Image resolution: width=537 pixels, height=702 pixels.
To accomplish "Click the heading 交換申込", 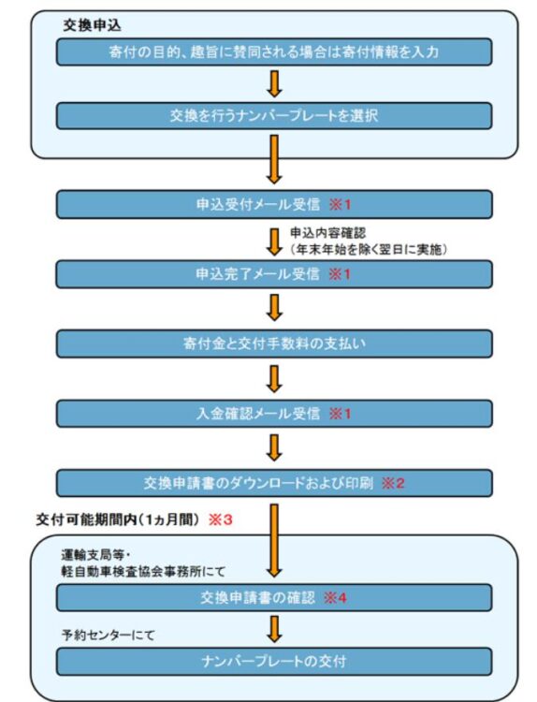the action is tap(92, 25).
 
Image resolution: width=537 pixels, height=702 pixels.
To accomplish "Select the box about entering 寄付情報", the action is tap(274, 51).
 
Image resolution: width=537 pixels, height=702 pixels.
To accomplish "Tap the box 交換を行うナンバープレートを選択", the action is tap(274, 116).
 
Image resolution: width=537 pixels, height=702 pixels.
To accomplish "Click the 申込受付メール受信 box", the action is tap(274, 205).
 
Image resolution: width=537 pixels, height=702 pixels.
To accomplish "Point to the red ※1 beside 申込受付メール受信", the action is tap(341, 205).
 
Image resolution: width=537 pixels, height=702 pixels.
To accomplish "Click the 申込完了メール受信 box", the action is tap(274, 274).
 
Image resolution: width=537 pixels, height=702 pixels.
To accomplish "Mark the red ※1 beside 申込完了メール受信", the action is tap(340, 274).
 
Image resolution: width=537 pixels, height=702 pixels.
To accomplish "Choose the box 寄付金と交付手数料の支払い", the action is tap(274, 344).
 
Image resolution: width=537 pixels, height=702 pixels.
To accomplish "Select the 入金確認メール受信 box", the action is tap(274, 413).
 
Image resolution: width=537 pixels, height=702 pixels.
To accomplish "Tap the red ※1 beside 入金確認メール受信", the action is tap(341, 413).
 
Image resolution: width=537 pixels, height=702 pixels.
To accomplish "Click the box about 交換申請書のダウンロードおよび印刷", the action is tap(274, 483).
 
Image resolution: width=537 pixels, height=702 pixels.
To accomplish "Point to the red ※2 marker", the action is tap(393, 483).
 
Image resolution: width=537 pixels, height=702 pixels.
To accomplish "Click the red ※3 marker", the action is tap(221, 519).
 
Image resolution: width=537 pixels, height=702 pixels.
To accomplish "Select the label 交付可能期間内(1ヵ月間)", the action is tap(117, 519).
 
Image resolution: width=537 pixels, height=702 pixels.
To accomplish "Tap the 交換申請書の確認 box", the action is tap(274, 598).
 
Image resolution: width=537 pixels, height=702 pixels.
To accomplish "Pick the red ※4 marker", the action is tap(335, 598).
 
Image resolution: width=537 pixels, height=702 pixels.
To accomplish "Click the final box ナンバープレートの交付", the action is tap(274, 661).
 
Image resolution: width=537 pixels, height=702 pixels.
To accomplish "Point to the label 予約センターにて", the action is tap(108, 635).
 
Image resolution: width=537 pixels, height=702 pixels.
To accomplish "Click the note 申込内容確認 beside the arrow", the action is tap(328, 233).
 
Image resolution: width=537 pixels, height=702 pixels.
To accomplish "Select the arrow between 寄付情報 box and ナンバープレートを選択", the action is tap(274, 84).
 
